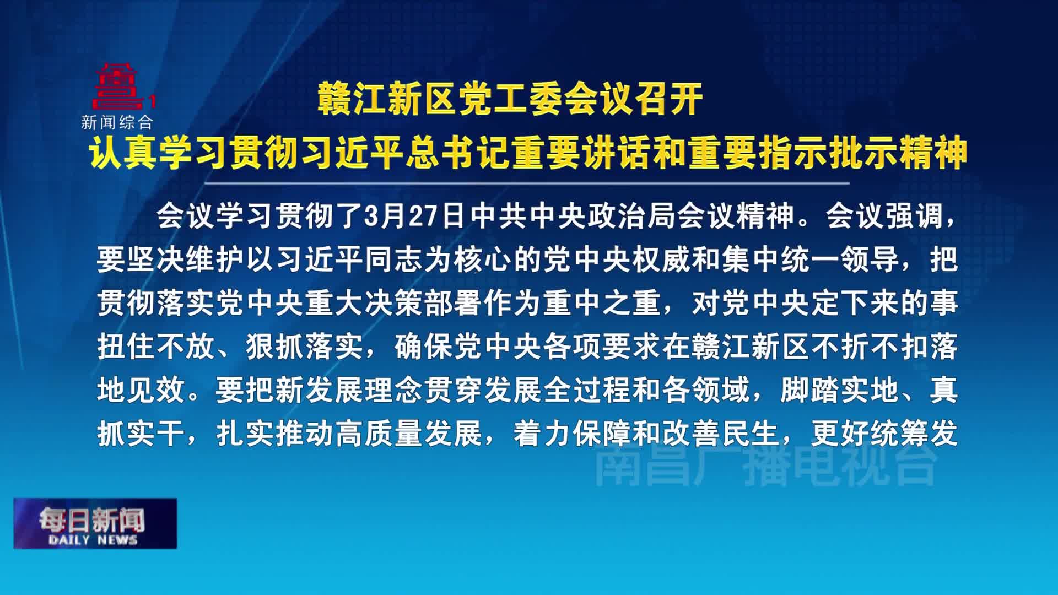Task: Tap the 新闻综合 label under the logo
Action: tap(117, 122)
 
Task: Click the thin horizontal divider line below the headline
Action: tap(526, 183)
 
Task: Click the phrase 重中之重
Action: tap(602, 303)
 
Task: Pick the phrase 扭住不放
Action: tap(156, 347)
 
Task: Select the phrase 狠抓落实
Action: tap(305, 347)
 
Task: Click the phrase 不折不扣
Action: tap(870, 347)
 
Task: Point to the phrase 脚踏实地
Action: tap(840, 390)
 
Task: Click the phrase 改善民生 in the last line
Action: tap(721, 434)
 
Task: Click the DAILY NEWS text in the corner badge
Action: tap(93, 540)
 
